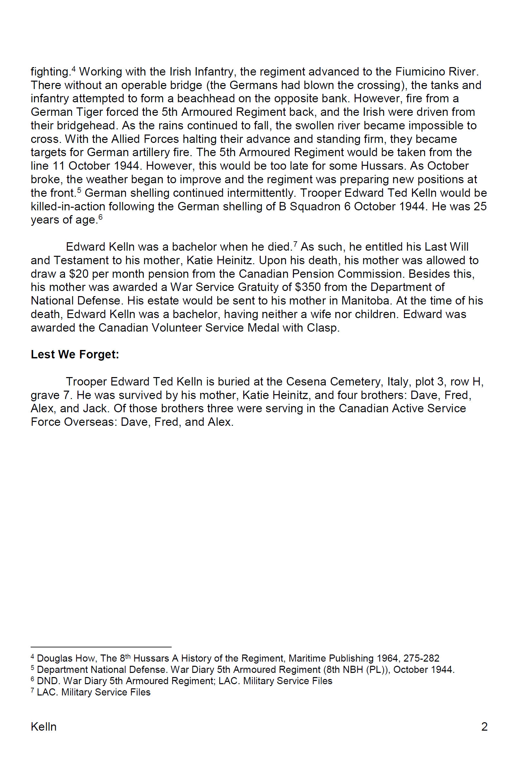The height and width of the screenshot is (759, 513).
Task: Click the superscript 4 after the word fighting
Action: (74, 69)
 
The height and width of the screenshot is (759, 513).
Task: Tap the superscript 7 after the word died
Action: (295, 244)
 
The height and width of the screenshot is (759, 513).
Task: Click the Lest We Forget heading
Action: (75, 355)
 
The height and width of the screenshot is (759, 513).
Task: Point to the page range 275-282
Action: (421, 658)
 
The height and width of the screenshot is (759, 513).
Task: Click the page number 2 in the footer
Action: (484, 726)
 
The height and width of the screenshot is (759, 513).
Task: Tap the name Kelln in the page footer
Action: (44, 726)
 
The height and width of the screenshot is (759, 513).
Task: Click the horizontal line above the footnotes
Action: (101, 647)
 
